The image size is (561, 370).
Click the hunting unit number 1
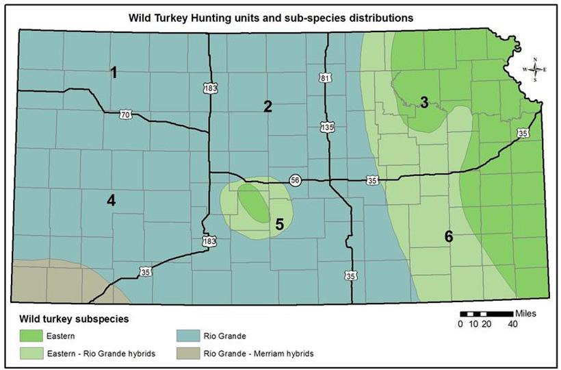[115, 73]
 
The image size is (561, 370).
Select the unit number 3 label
[424, 103]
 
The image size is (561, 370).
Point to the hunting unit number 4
[111, 200]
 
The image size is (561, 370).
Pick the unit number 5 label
[279, 223]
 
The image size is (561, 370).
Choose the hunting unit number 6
[449, 237]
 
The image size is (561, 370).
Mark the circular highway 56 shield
[294, 180]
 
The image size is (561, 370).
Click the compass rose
[536, 69]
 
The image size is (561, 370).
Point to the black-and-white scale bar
[486, 314]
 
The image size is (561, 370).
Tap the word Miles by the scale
[524, 313]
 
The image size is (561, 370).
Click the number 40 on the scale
[512, 324]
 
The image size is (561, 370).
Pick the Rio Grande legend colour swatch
[181, 337]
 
